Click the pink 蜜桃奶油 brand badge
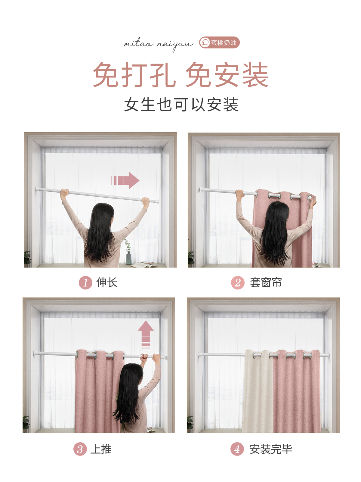tap(219, 42)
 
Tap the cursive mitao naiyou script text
tap(159, 44)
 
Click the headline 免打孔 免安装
tap(180, 75)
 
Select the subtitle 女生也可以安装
tap(181, 105)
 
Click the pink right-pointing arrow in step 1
tap(125, 180)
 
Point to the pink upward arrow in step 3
tap(146, 334)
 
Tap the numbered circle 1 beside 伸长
tap(85, 283)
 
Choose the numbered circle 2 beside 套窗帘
tap(238, 283)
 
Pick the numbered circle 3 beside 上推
tap(80, 449)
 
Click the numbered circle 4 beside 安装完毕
tap(237, 449)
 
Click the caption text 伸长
tap(107, 283)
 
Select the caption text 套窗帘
tap(266, 283)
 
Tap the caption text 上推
tap(101, 449)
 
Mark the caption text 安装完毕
tap(271, 449)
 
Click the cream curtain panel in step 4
tap(258, 392)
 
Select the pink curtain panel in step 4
tap(296, 392)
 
